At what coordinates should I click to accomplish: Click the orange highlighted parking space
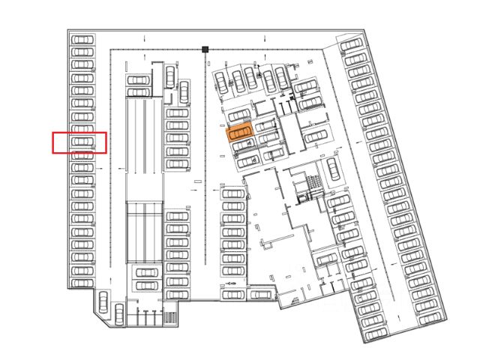tap(239, 133)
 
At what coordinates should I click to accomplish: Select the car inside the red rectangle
tap(82, 142)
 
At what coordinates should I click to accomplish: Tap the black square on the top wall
tap(205, 49)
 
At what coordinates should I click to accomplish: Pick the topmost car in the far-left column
tap(82, 40)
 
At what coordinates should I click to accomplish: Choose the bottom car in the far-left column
tap(82, 282)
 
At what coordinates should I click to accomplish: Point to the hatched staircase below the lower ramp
tap(169, 317)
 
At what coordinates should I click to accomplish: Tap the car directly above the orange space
tap(238, 115)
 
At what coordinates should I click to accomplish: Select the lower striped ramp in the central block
tap(144, 232)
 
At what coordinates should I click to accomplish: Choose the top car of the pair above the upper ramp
tap(139, 79)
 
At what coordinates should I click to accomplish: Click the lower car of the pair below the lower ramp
tap(145, 286)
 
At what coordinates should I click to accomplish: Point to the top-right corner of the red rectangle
tap(106, 132)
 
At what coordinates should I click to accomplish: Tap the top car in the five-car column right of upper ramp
tap(178, 114)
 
